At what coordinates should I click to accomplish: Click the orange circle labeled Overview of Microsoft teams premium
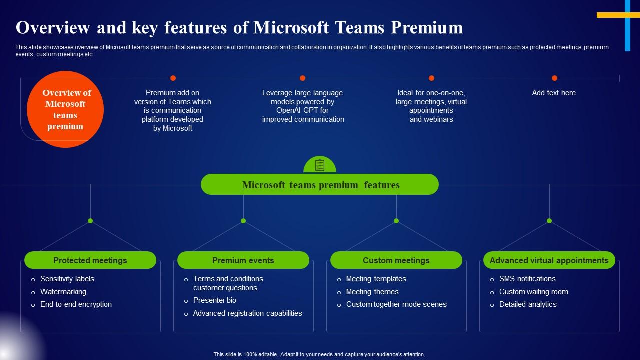pyautogui.click(x=65, y=109)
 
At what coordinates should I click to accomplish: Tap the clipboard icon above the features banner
pyautogui.click(x=319, y=165)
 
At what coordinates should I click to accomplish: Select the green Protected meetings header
pyautogui.click(x=90, y=260)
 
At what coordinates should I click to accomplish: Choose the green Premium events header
pyautogui.click(x=243, y=260)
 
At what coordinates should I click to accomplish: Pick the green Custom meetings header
pyautogui.click(x=396, y=260)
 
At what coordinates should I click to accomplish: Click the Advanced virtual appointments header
pyautogui.click(x=549, y=260)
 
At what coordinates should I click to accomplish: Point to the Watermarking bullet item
pyautogui.click(x=63, y=292)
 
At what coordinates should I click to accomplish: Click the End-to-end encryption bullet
pyautogui.click(x=76, y=304)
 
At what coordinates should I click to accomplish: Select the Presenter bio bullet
pyautogui.click(x=214, y=300)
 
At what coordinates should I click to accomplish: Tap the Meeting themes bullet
pyautogui.click(x=372, y=292)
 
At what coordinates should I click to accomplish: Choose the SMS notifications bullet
pyautogui.click(x=527, y=279)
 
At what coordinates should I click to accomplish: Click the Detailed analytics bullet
pyautogui.click(x=528, y=304)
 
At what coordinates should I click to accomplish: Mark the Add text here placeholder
pyautogui.click(x=553, y=93)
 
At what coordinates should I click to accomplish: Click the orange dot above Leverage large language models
pyautogui.click(x=302, y=78)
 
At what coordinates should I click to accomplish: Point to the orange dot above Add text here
pyautogui.click(x=554, y=78)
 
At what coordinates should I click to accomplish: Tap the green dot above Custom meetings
pyautogui.click(x=396, y=221)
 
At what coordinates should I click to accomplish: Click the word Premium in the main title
pyautogui.click(x=427, y=27)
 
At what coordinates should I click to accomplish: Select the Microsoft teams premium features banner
pyautogui.click(x=319, y=184)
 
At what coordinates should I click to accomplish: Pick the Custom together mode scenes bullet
pyautogui.click(x=396, y=304)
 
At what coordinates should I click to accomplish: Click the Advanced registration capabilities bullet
pyautogui.click(x=247, y=313)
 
